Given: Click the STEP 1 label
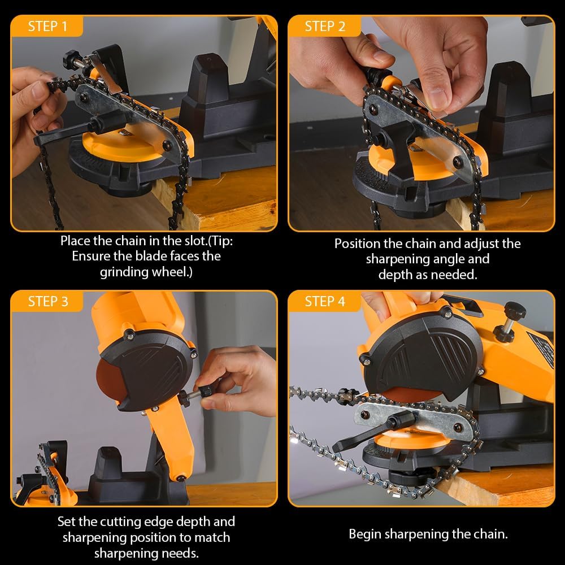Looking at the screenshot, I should [x=47, y=26].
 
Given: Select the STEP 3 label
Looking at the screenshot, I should [x=47, y=301].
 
